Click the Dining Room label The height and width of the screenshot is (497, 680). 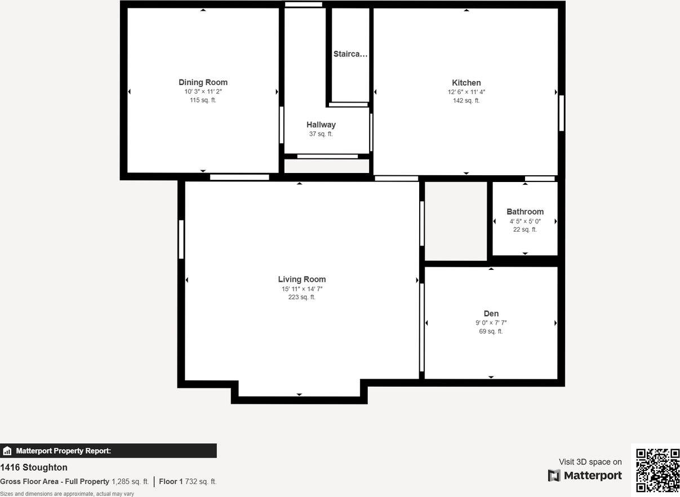coord(203,82)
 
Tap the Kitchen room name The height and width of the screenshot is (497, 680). coord(466,83)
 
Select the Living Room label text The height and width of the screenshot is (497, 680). coord(301,279)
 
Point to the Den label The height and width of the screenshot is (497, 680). coord(491,314)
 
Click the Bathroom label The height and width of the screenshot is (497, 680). coord(525,212)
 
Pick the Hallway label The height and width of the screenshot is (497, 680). coord(321,125)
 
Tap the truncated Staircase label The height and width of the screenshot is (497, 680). coord(350,54)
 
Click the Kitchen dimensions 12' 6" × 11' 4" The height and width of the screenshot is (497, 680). coord(466,92)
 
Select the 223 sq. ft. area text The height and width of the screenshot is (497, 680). coord(301,298)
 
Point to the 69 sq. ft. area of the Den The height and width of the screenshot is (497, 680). coord(491,331)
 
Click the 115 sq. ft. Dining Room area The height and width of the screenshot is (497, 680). coord(203,100)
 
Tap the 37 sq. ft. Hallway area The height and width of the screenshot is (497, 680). coord(321,134)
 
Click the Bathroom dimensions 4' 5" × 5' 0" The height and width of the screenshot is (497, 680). coord(525,221)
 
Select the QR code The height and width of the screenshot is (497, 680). coord(657,471)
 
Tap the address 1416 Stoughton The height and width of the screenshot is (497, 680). coord(34,467)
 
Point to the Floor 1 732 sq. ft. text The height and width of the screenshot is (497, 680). coord(188,482)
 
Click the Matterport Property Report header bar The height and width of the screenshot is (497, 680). coord(108,451)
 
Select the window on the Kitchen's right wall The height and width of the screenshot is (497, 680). coord(561,113)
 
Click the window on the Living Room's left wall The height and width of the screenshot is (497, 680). coord(181,239)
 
